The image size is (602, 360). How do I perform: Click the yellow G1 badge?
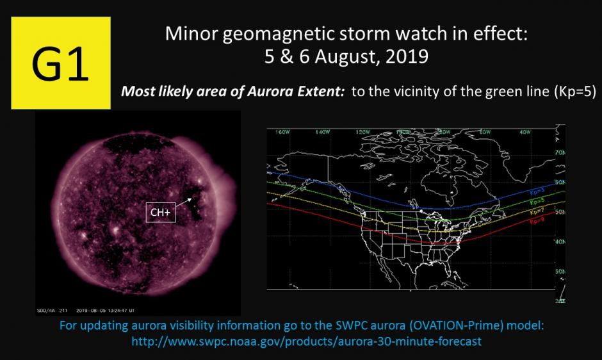point(61,63)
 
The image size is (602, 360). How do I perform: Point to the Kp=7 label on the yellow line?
point(537,211)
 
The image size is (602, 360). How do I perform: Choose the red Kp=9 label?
point(537,221)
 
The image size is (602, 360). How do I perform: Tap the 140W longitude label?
point(322,133)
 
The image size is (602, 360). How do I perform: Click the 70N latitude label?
point(560,153)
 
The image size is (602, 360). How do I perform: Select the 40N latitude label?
point(560,241)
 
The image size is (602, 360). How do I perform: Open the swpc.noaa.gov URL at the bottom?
point(306,341)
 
